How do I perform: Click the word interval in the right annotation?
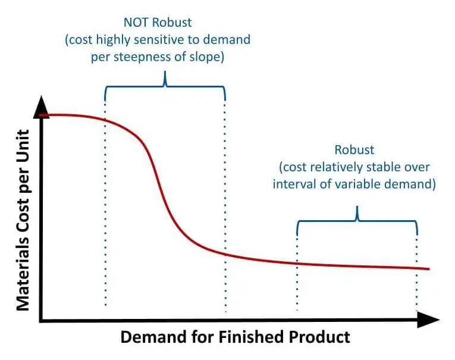293,184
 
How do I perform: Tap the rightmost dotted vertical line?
416,268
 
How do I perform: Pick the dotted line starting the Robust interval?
297,268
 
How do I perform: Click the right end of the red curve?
428,269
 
